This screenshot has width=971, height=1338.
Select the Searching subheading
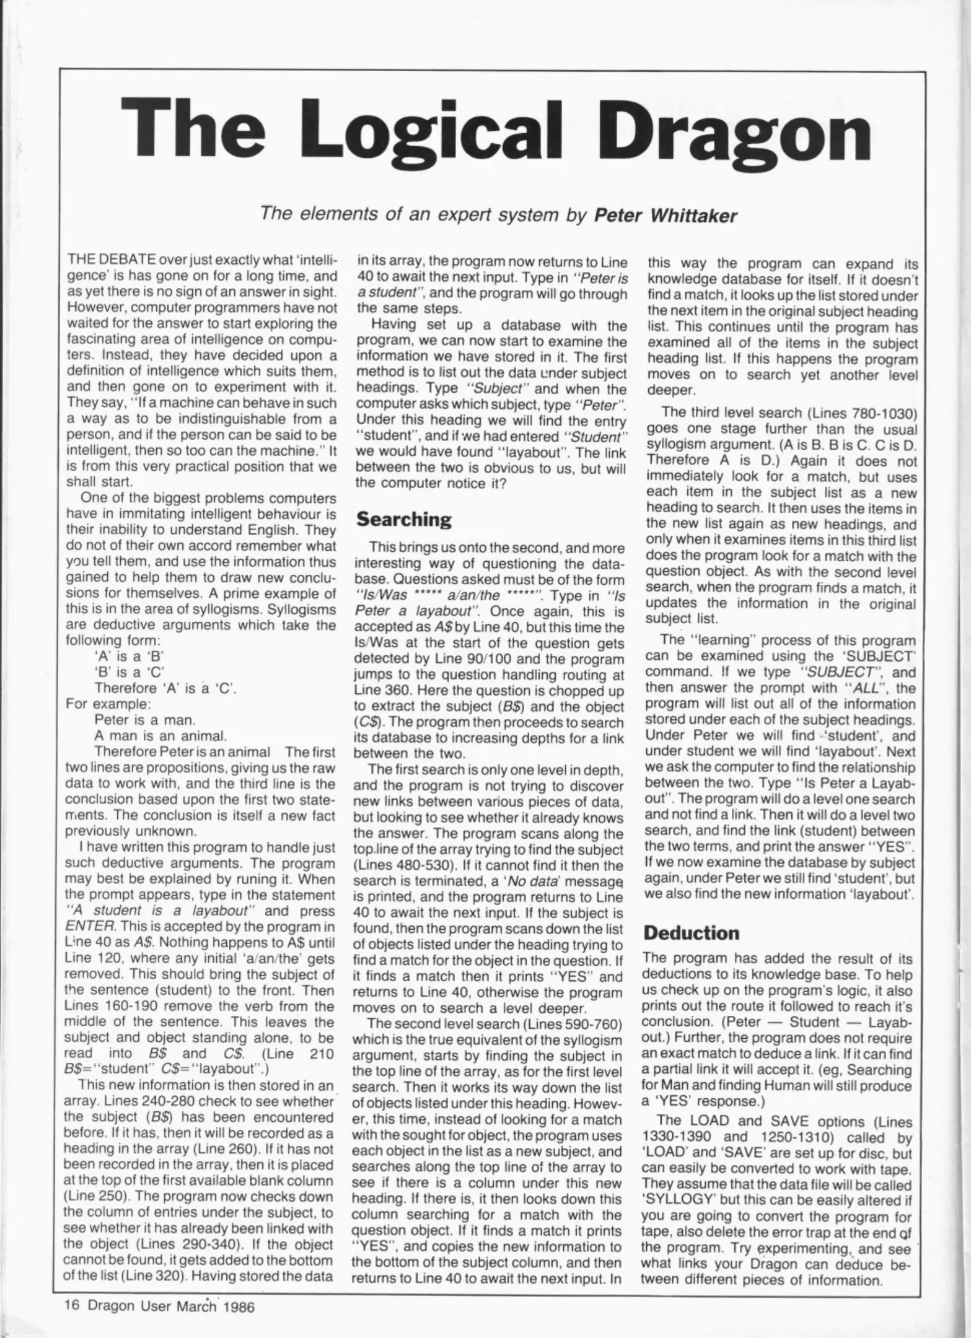tap(403, 518)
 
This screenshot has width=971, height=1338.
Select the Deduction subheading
tap(692, 932)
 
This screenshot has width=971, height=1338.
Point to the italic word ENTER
tap(87, 927)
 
